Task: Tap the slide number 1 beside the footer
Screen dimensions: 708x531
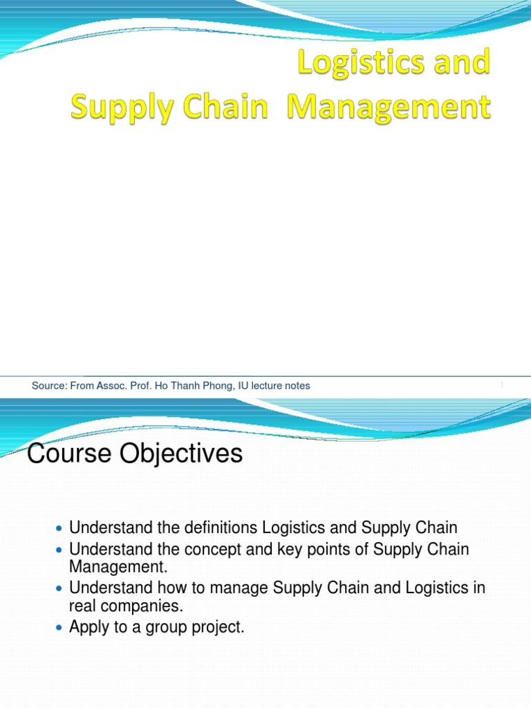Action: pyautogui.click(x=501, y=386)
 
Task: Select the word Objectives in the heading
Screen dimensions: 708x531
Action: pyautogui.click(x=180, y=454)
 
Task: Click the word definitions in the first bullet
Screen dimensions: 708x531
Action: pyautogui.click(x=221, y=528)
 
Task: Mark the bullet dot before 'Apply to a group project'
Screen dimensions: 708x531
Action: pyautogui.click(x=58, y=628)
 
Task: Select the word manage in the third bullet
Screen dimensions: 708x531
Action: pyautogui.click(x=243, y=588)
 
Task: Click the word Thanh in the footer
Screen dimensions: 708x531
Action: pyautogui.click(x=179, y=386)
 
